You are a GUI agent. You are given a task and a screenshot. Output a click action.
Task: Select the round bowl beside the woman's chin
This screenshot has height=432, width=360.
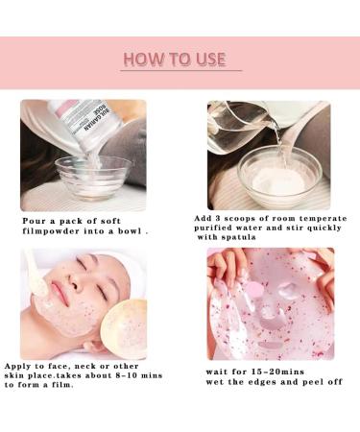(123, 325)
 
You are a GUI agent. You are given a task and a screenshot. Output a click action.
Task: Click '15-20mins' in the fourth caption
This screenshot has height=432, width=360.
(272, 370)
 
